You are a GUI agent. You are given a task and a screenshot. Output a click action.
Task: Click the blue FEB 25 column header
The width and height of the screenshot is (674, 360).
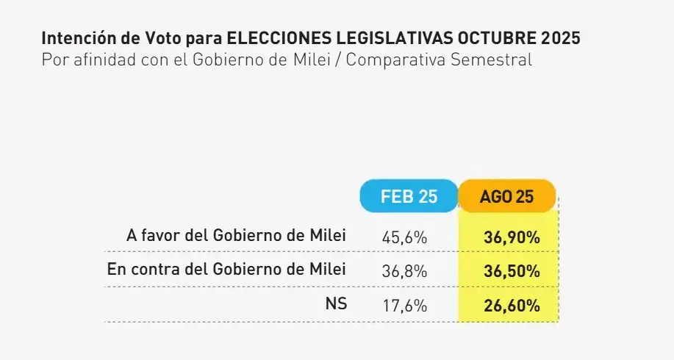pyautogui.click(x=409, y=196)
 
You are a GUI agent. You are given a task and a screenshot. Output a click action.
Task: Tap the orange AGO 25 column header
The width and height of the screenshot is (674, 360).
pyautogui.click(x=506, y=196)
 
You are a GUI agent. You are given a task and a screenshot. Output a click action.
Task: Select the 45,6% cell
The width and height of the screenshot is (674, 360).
pyautogui.click(x=404, y=237)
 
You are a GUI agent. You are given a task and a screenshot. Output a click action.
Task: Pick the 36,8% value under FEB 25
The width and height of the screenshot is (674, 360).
pyautogui.click(x=404, y=271)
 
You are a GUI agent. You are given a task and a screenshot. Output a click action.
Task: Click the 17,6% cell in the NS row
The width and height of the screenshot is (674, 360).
pyautogui.click(x=404, y=305)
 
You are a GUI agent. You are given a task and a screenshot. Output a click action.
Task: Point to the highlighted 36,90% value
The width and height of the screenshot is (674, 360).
pyautogui.click(x=512, y=237)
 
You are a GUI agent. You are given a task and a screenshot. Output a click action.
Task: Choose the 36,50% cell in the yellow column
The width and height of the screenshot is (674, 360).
pyautogui.click(x=512, y=271)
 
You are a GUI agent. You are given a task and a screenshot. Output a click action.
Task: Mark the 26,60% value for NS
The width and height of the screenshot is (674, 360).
pyautogui.click(x=512, y=305)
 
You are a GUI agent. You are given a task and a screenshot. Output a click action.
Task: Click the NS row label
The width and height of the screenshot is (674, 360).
pyautogui.click(x=336, y=303)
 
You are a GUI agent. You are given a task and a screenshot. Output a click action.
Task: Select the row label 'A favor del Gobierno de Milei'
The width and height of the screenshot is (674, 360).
pyautogui.click(x=236, y=235)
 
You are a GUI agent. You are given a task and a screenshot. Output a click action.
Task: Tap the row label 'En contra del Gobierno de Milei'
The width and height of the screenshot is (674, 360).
pyautogui.click(x=226, y=269)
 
